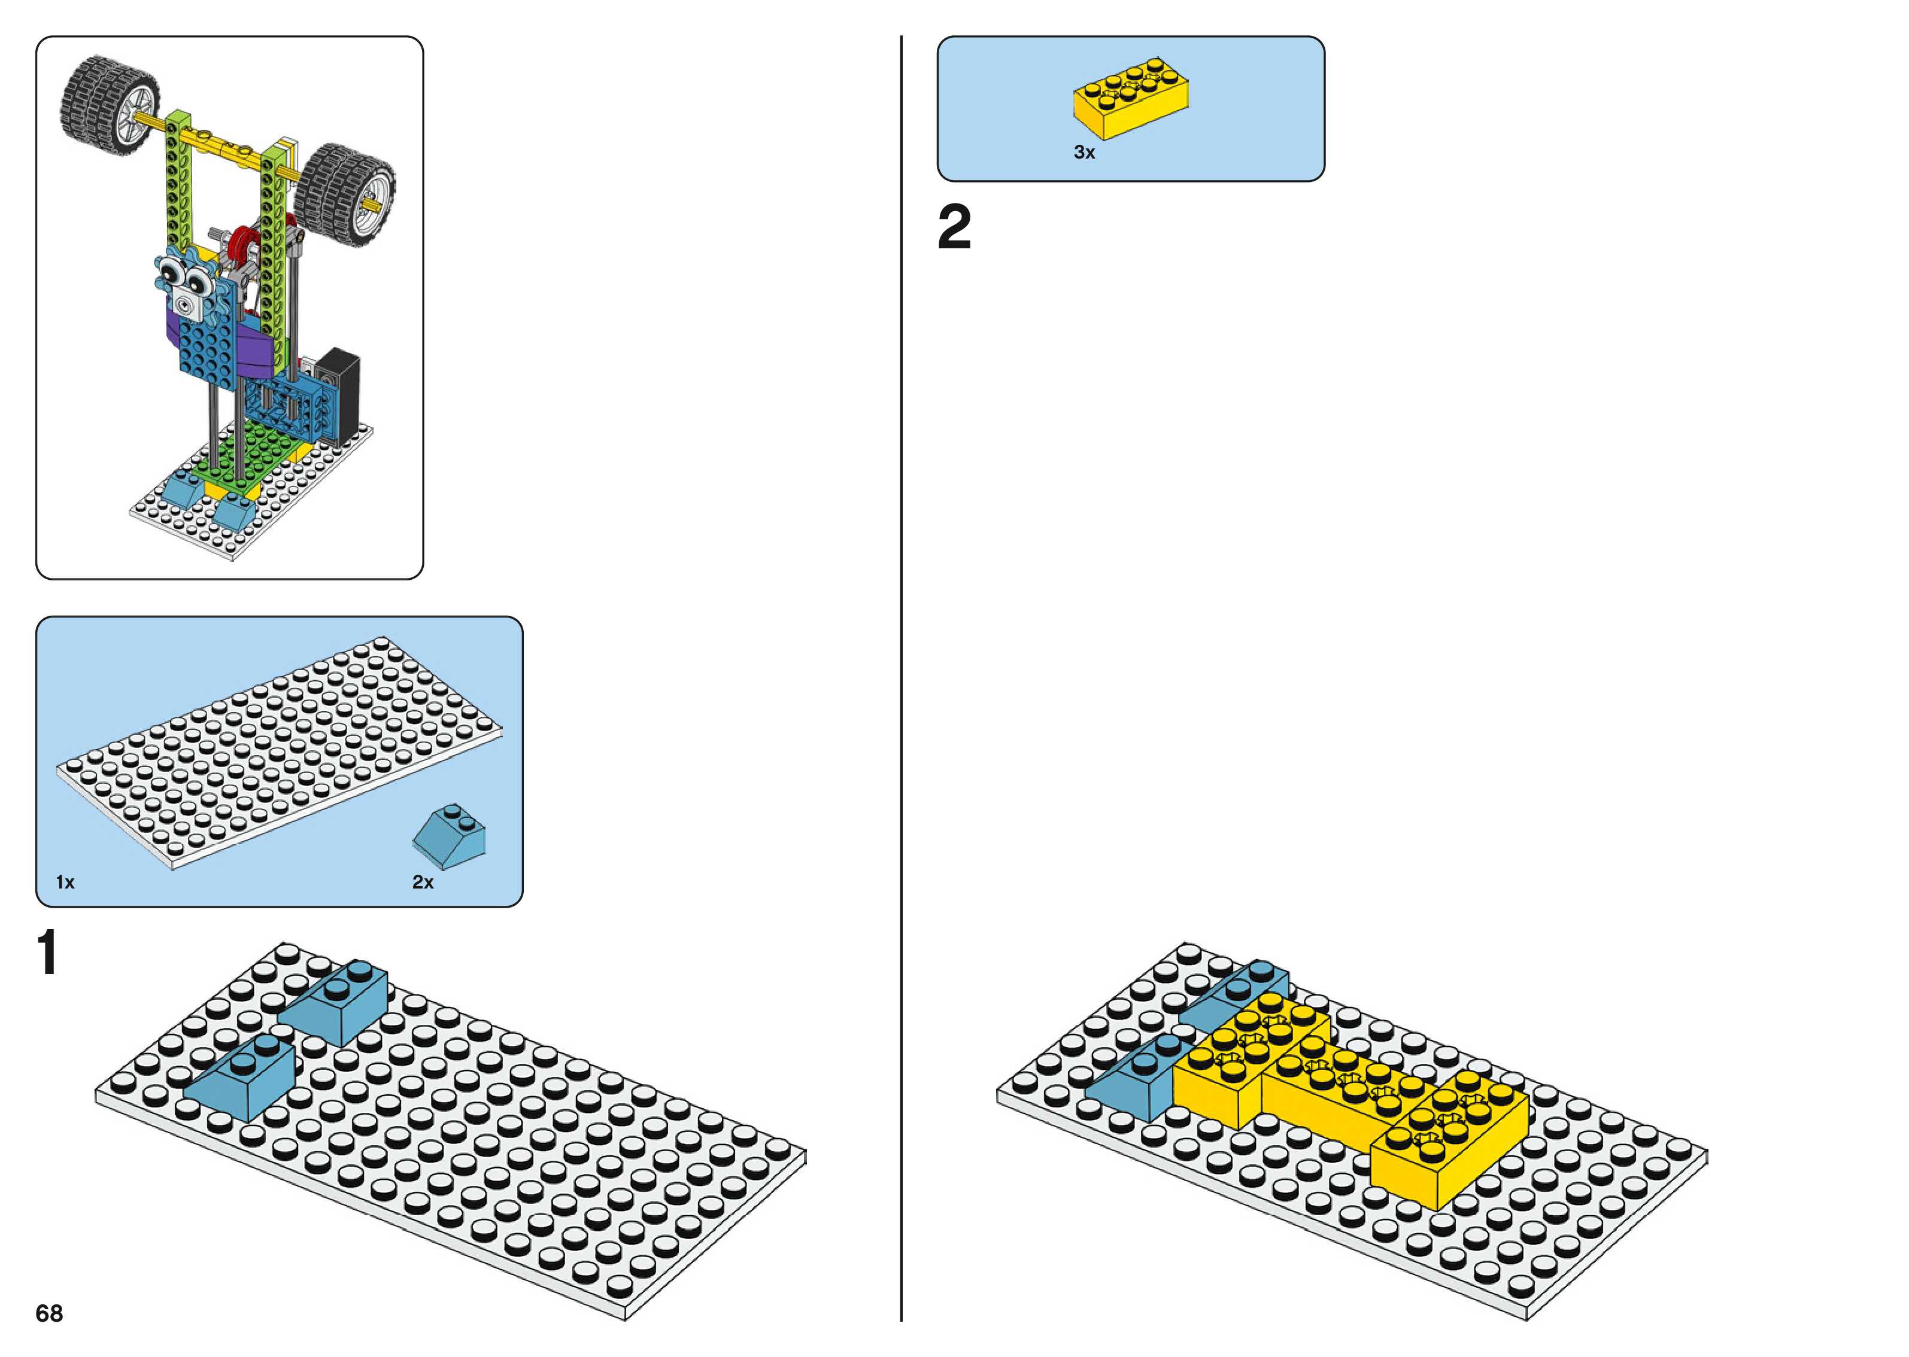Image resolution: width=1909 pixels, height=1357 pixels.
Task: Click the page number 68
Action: [x=49, y=1313]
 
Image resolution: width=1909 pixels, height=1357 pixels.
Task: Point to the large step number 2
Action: [x=954, y=227]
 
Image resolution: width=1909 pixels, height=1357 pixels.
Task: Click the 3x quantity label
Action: [x=1084, y=152]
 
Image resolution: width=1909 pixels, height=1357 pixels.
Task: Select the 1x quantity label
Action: [x=65, y=883]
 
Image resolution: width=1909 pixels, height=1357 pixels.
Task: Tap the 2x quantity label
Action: [x=423, y=883]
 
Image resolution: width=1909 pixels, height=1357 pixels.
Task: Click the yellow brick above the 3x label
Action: [x=1131, y=99]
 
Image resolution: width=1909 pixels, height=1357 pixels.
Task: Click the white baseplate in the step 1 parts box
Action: [x=276, y=752]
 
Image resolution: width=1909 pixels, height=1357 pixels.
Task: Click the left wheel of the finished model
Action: [x=109, y=105]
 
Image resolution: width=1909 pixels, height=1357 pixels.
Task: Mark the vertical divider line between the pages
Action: [x=901, y=668]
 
